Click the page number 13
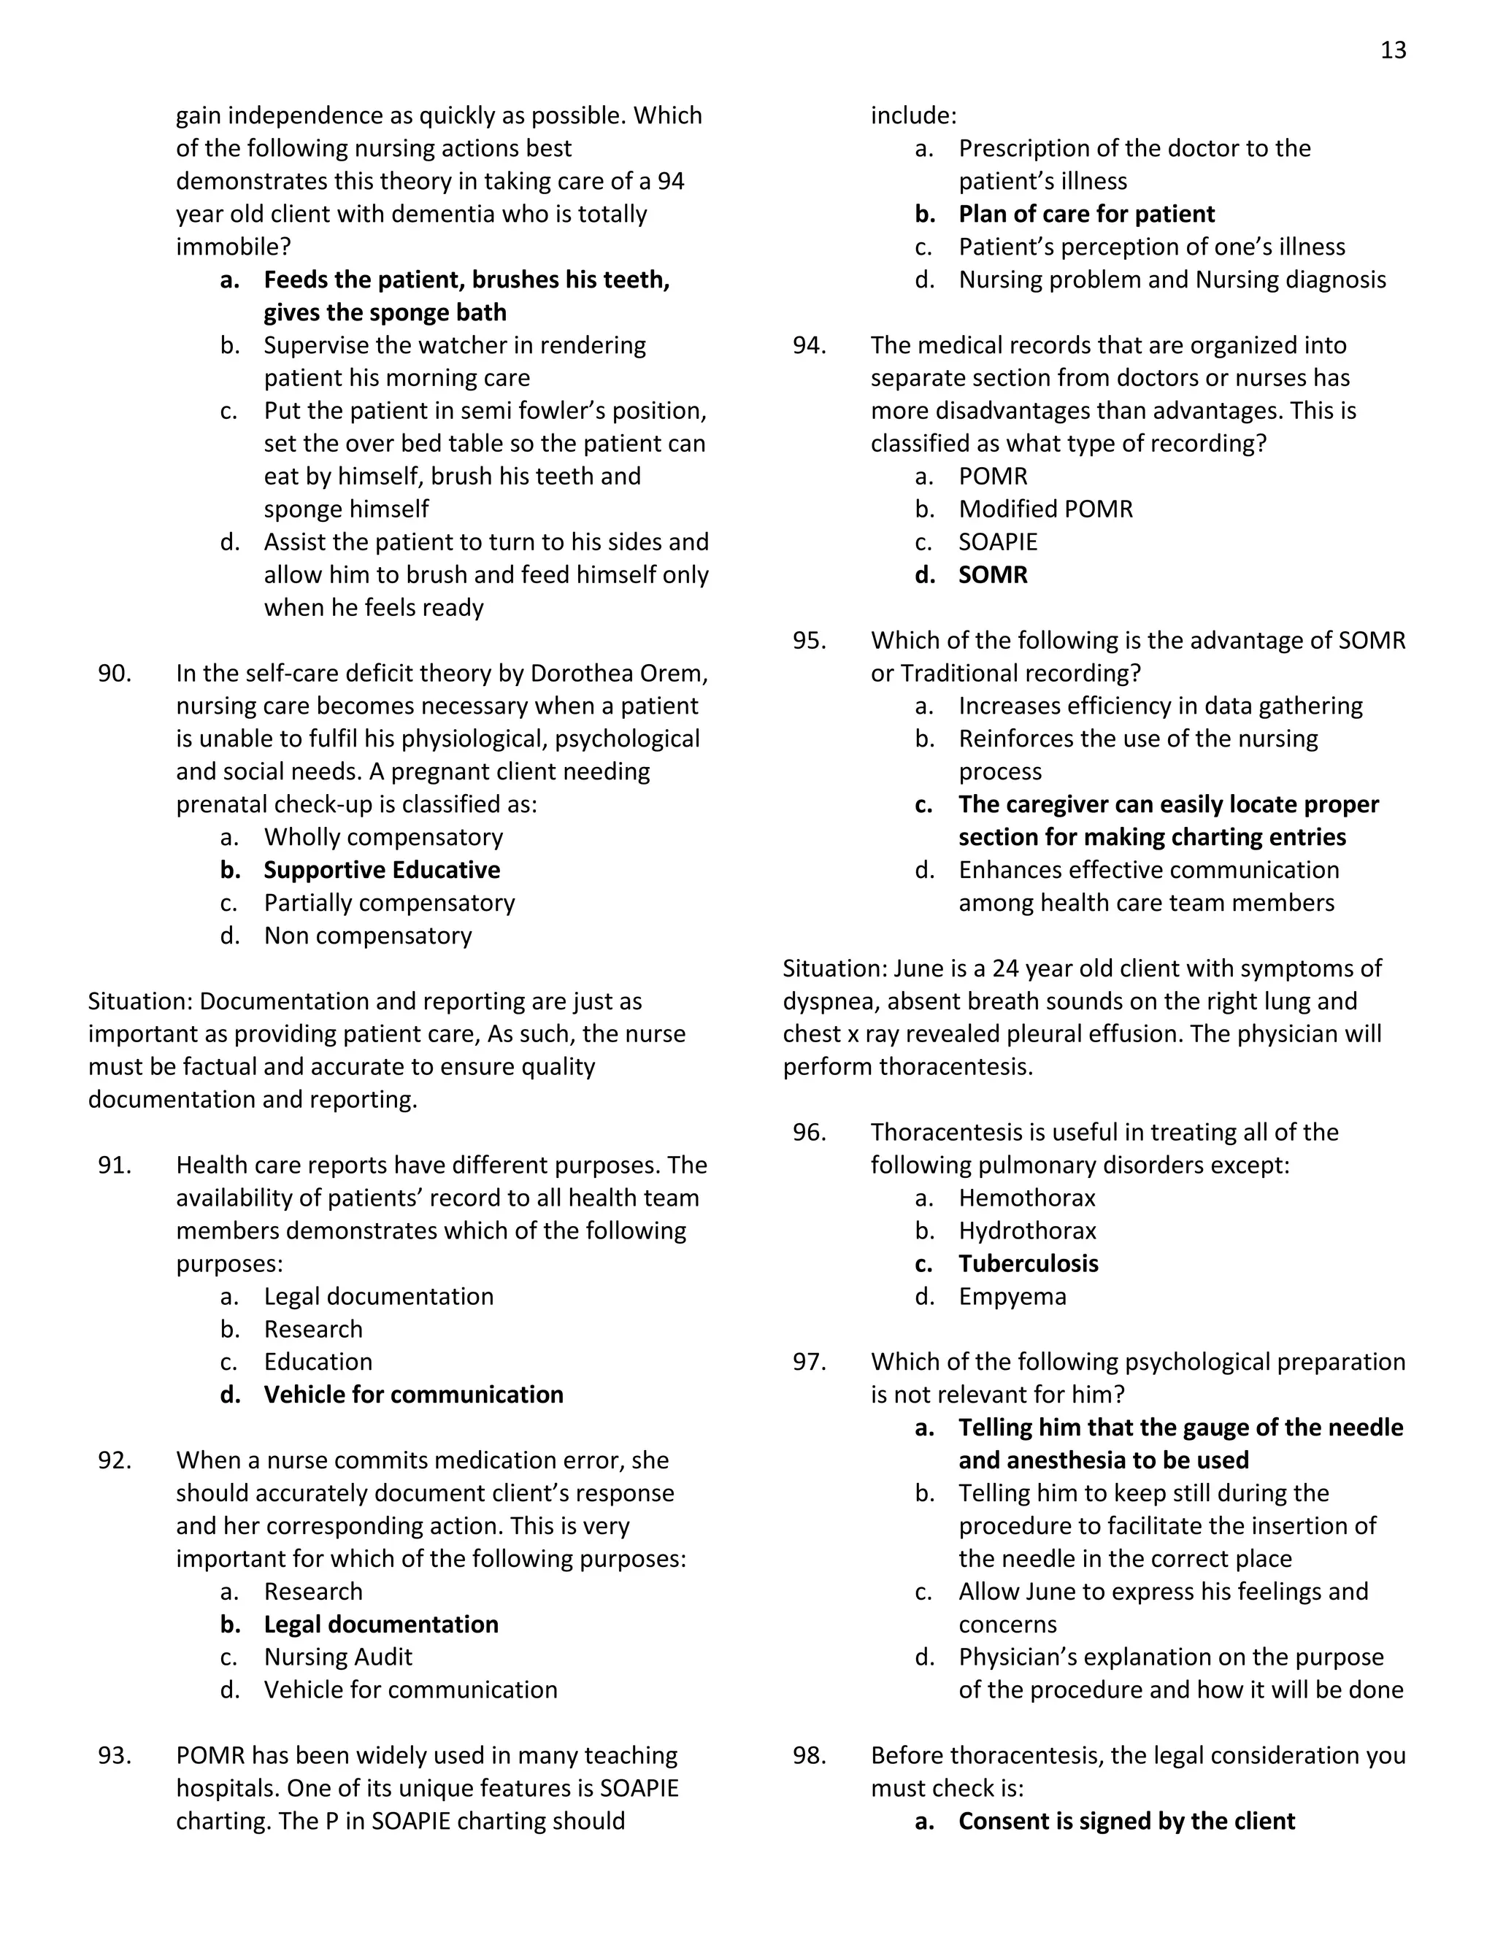click(1392, 50)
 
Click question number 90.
click(115, 673)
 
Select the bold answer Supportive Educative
click(381, 870)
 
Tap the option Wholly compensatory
click(383, 837)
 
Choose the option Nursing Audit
click(337, 1657)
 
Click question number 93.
click(115, 1755)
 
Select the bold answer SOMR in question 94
click(993, 574)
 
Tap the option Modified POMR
click(1045, 509)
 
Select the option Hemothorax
click(1026, 1198)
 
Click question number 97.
click(809, 1362)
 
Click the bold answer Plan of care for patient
click(1085, 215)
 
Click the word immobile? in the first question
click(233, 247)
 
